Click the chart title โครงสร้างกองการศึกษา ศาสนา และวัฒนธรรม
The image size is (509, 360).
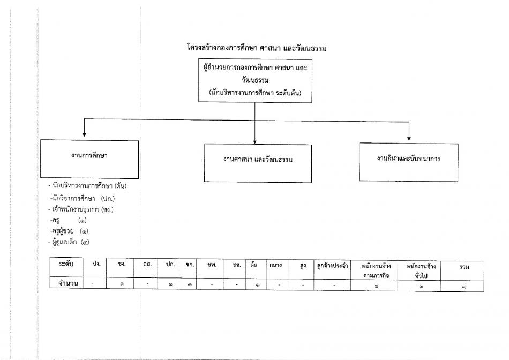tap(257, 48)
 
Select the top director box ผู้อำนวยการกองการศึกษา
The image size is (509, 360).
tap(255, 81)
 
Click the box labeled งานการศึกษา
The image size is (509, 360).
tap(89, 159)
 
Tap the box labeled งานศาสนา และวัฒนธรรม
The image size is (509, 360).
tap(258, 163)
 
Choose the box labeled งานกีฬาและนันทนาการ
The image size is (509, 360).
tap(409, 162)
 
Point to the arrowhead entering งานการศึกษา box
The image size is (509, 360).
tap(85, 134)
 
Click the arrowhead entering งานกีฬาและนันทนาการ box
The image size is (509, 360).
tap(409, 139)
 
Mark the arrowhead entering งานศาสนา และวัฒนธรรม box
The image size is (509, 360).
tap(255, 142)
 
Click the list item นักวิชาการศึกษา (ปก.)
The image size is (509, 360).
tap(83, 198)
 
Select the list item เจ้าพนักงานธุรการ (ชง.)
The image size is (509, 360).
tap(81, 209)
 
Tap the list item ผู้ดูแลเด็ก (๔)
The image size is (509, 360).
tap(69, 242)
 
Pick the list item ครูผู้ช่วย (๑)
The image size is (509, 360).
tap(69, 231)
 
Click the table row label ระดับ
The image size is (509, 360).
tap(66, 264)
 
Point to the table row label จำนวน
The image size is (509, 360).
tap(68, 283)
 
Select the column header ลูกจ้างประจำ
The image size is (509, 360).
tap(332, 266)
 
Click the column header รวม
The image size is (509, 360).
tap(464, 267)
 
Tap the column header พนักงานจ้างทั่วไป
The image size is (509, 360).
tap(421, 272)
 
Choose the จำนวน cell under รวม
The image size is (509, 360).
tap(464, 287)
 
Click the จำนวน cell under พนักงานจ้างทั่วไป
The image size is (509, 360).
tap(421, 286)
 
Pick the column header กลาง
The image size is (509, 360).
tap(275, 265)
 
